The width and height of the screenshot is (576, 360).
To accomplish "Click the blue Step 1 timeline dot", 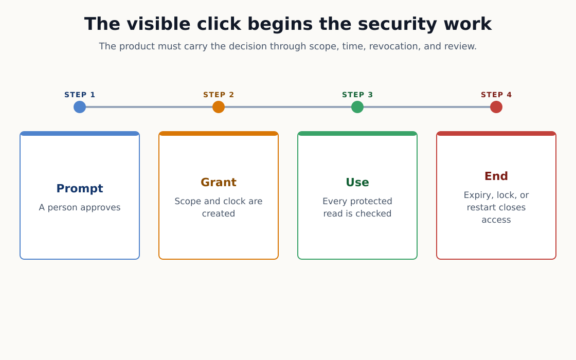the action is click(80, 107).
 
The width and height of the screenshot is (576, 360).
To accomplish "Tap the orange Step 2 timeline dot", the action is click(219, 107).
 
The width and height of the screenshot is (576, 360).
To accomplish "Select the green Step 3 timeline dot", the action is click(357, 107).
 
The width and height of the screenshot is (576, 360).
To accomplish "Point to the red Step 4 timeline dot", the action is click(496, 107).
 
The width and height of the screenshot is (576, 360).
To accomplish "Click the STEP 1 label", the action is click(80, 95).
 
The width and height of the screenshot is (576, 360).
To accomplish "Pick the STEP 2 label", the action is click(219, 95).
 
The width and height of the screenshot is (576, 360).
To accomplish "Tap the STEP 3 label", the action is click(357, 95).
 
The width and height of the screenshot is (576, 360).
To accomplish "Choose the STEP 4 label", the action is click(496, 95).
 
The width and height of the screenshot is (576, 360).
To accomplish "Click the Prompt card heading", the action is click(80, 188).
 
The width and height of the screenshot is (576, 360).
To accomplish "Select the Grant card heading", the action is click(219, 182).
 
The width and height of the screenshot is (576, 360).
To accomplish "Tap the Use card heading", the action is click(357, 182).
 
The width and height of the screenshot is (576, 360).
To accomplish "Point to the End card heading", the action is click(496, 176).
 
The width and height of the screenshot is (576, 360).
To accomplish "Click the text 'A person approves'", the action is click(80, 208).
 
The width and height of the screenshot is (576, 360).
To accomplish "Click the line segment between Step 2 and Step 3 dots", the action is click(288, 107).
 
